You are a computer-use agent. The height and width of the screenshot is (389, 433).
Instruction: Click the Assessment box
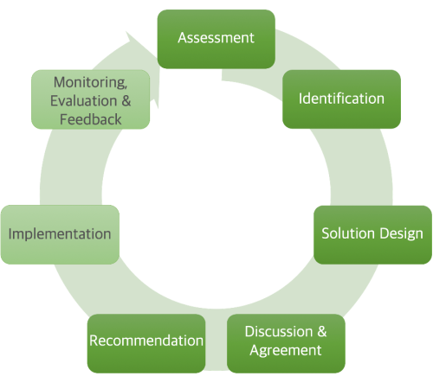pos(216,38)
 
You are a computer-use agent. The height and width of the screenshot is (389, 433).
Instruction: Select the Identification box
pos(341,99)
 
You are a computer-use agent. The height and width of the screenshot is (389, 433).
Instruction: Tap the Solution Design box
pos(372,233)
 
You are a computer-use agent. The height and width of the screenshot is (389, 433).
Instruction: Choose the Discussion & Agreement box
pos(285,341)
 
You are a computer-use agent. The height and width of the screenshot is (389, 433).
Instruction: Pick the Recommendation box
pos(146,341)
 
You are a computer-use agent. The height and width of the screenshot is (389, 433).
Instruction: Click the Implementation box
pos(60,234)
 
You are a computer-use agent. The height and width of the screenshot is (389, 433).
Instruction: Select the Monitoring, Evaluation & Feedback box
pos(90,100)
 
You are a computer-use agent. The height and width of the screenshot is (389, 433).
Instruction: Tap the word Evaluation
pos(79,100)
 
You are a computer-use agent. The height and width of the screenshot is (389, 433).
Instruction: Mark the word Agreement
pos(285,351)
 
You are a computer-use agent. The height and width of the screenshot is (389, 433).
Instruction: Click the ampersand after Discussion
pos(320,332)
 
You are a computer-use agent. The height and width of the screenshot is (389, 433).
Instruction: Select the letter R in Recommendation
pos(94,341)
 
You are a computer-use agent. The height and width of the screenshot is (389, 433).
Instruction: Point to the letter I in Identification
pos(301,99)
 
